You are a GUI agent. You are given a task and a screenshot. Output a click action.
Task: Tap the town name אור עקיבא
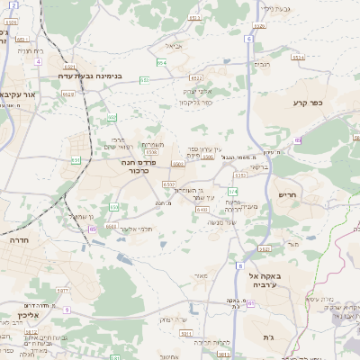pos(18,93)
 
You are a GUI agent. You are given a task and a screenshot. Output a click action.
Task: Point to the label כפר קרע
pos(307,103)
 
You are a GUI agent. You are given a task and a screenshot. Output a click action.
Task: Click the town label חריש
pos(288,194)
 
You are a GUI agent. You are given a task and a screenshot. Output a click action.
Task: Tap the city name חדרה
pos(17,241)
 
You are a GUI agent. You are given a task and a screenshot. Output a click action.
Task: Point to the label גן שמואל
pos(80,215)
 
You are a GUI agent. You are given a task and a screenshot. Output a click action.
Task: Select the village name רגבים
pos(262,64)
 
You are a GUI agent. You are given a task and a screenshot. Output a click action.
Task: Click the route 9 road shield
pos(66,310)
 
